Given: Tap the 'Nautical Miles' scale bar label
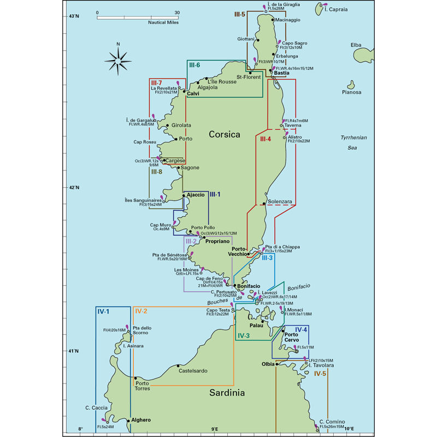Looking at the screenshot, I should click(x=164, y=23).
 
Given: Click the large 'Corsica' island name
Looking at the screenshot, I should click(x=225, y=134).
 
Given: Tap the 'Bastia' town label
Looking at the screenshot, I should click(x=282, y=73).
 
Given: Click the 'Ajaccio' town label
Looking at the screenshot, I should click(x=195, y=194).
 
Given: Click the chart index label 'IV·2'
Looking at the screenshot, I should click(x=140, y=311).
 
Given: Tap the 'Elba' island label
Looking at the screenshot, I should click(x=356, y=45).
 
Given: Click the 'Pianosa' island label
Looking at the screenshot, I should click(x=352, y=92).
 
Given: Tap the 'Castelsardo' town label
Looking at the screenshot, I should click(x=193, y=371).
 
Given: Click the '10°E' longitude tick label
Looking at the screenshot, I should click(x=349, y=429).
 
